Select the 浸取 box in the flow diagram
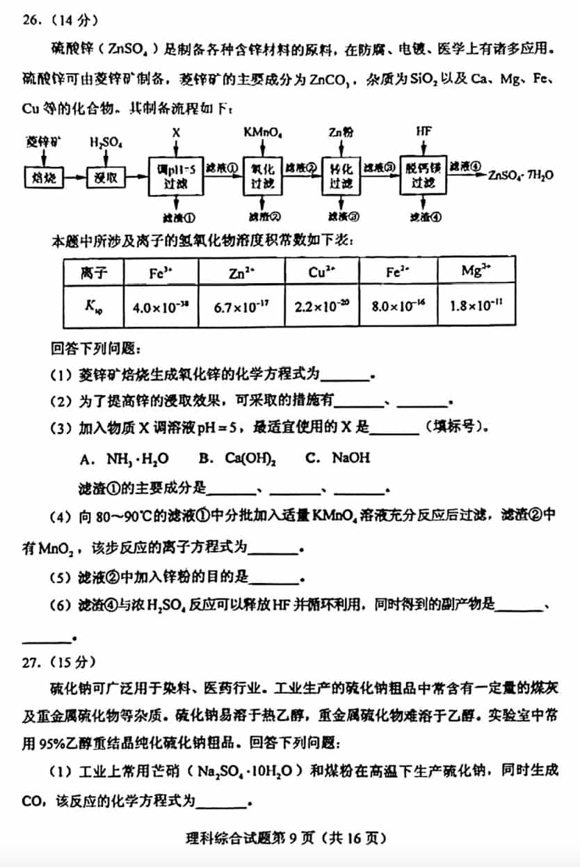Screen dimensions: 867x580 [105, 178]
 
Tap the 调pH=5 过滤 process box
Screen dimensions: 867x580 [177, 176]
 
